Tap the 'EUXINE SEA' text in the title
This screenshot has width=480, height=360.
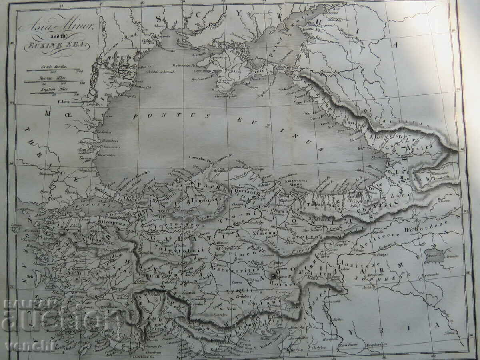coord(56,45)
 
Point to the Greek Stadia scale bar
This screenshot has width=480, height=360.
coord(53,70)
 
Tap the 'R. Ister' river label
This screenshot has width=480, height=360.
coord(64,102)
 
